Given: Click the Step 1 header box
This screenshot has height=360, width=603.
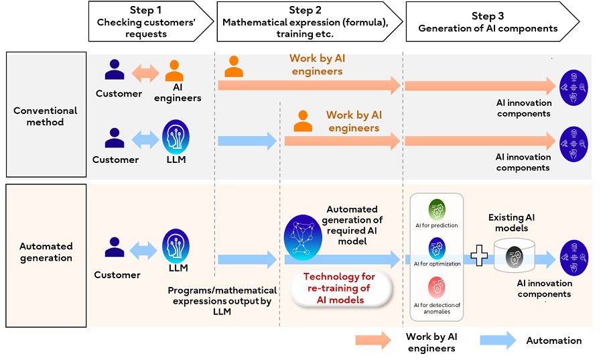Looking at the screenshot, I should (x=146, y=22).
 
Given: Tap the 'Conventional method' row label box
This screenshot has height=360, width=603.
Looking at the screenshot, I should (x=46, y=116).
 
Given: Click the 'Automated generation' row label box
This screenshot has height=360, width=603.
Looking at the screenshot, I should (x=46, y=251).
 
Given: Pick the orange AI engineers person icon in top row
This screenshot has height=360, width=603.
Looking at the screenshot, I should (x=174, y=70).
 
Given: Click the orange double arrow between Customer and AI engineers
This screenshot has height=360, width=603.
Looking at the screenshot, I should (x=145, y=72).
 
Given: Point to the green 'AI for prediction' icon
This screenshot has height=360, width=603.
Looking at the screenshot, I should (x=436, y=209).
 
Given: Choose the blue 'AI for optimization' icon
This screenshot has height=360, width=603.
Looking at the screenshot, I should (x=436, y=248).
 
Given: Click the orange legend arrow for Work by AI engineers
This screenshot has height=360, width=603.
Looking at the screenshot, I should (x=373, y=340).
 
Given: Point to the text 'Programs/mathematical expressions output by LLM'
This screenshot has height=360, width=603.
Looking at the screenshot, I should (x=222, y=301).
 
